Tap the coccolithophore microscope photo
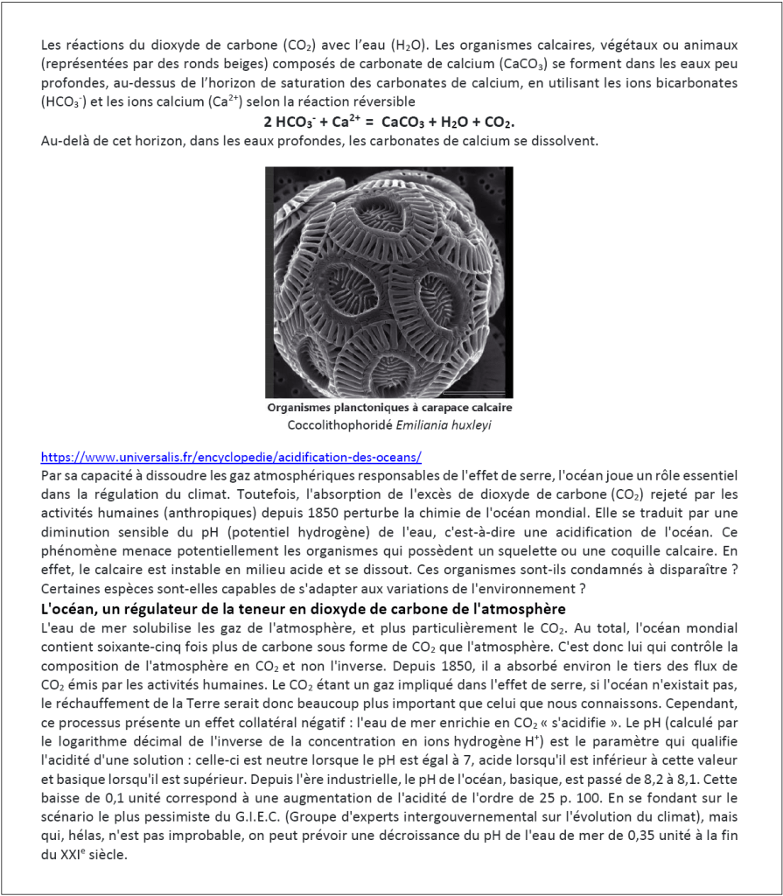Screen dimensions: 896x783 tap(389, 282)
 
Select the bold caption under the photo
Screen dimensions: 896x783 tap(389, 408)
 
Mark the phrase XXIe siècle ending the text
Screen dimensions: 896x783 tap(84, 856)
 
